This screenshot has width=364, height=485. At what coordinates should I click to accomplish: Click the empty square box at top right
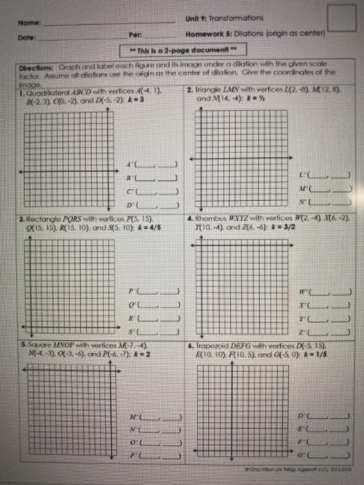343,19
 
